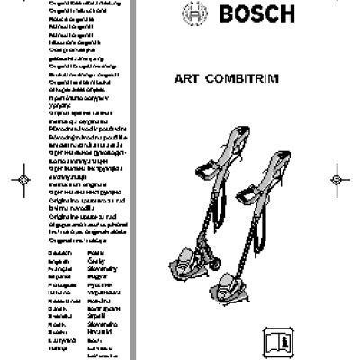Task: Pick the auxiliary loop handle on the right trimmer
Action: tap(248, 193)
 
